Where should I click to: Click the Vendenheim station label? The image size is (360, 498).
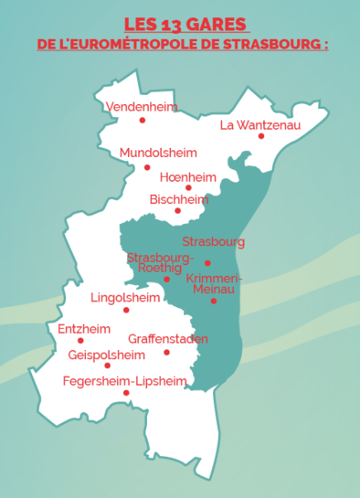tap(141, 107)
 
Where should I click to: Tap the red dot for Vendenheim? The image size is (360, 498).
tap(142, 120)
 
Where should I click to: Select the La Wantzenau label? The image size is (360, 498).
tap(260, 125)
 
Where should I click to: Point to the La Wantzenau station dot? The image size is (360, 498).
tap(261, 136)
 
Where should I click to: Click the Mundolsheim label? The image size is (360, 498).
tap(158, 153)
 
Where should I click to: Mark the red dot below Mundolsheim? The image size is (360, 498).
tap(148, 167)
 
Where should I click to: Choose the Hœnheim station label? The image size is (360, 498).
tap(187, 178)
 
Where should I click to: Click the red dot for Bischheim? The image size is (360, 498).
tap(178, 211)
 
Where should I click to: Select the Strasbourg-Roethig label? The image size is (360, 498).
tap(159, 263)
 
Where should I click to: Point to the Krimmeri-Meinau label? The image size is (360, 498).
tap(214, 283)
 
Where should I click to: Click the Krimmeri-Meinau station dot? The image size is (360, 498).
tap(213, 301)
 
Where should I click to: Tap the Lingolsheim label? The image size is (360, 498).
tap(125, 297)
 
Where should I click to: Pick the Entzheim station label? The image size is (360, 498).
tap(83, 329)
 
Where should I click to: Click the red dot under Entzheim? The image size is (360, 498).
tap(80, 340)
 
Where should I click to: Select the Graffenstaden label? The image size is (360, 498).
tap(168, 339)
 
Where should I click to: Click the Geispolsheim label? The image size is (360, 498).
tap(107, 354)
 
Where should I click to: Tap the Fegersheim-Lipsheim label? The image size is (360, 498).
tap(125, 381)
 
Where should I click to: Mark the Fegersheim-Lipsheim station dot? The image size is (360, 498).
tap(126, 392)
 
